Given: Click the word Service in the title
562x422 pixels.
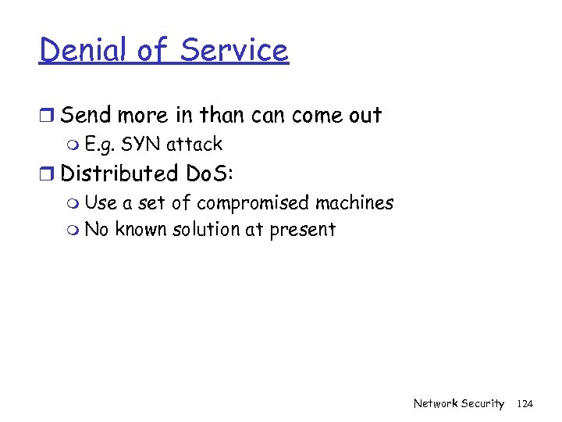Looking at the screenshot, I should (x=234, y=50).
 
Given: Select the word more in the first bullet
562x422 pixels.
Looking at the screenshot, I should (x=145, y=116).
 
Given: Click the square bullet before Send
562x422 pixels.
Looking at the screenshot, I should (x=47, y=116).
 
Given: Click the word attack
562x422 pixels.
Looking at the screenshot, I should (x=194, y=145).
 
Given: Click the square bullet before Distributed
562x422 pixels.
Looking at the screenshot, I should (x=47, y=173).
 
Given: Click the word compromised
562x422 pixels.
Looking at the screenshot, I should (x=253, y=203).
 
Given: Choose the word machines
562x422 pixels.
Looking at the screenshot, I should (x=354, y=202).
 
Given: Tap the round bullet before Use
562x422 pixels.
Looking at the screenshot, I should (x=73, y=204).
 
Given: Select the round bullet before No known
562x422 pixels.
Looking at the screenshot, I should (x=73, y=231).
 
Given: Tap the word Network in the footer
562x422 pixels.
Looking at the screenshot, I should (x=436, y=403).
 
